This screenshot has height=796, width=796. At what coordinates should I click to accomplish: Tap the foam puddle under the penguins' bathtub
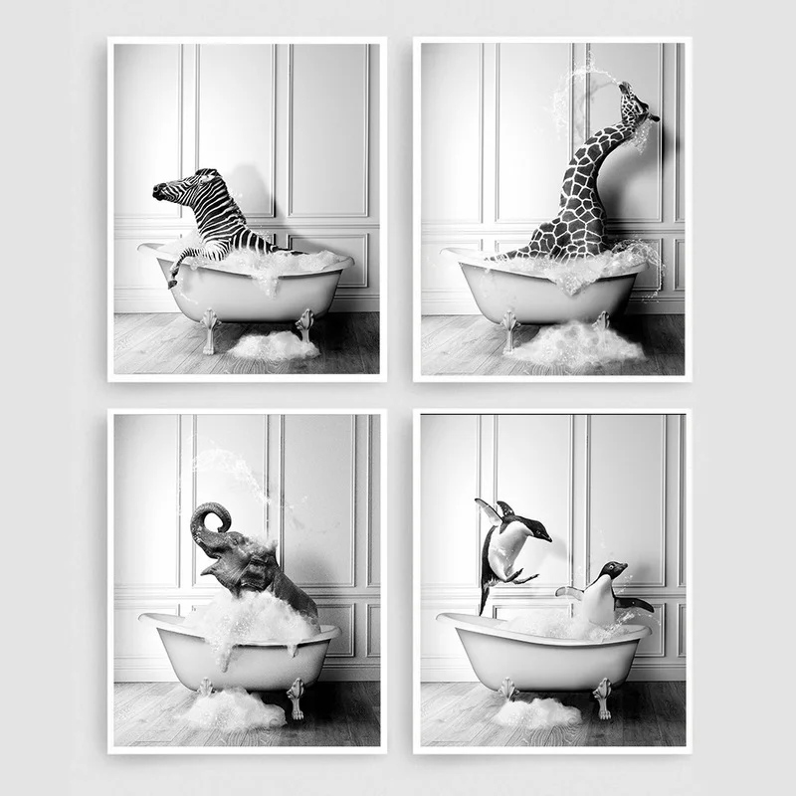[537, 712]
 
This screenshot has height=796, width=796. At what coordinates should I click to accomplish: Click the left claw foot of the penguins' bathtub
[507, 691]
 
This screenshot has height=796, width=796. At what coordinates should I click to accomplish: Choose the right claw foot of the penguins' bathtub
[602, 696]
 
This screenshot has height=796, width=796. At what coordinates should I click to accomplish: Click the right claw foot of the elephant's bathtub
[296, 696]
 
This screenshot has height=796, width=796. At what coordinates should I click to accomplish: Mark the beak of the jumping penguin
[546, 537]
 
